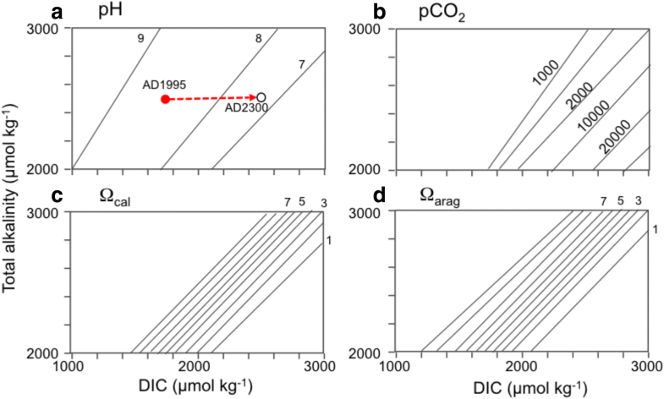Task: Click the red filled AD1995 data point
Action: coord(165,100)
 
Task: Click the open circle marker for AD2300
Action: coord(261,98)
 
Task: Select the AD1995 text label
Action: coord(165,85)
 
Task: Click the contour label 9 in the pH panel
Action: coord(140,38)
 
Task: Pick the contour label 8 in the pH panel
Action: coord(258,38)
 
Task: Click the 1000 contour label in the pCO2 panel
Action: coord(546,73)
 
